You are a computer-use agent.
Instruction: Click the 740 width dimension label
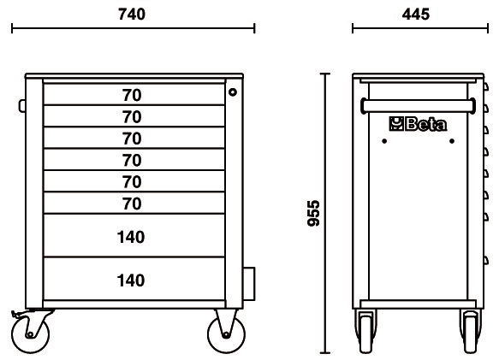pyautogui.click(x=132, y=15)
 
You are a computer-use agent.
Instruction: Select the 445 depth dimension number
pyautogui.click(x=416, y=15)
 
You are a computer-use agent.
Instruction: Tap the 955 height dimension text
pyautogui.click(x=314, y=213)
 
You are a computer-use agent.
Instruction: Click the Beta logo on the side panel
pyautogui.click(x=418, y=124)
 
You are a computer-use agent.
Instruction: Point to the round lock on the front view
pyautogui.click(x=233, y=92)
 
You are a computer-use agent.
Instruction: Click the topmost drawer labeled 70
pyautogui.click(x=134, y=94)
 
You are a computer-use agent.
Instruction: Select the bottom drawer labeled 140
pyautogui.click(x=134, y=279)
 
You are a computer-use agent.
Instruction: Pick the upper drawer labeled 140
pyautogui.click(x=134, y=235)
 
